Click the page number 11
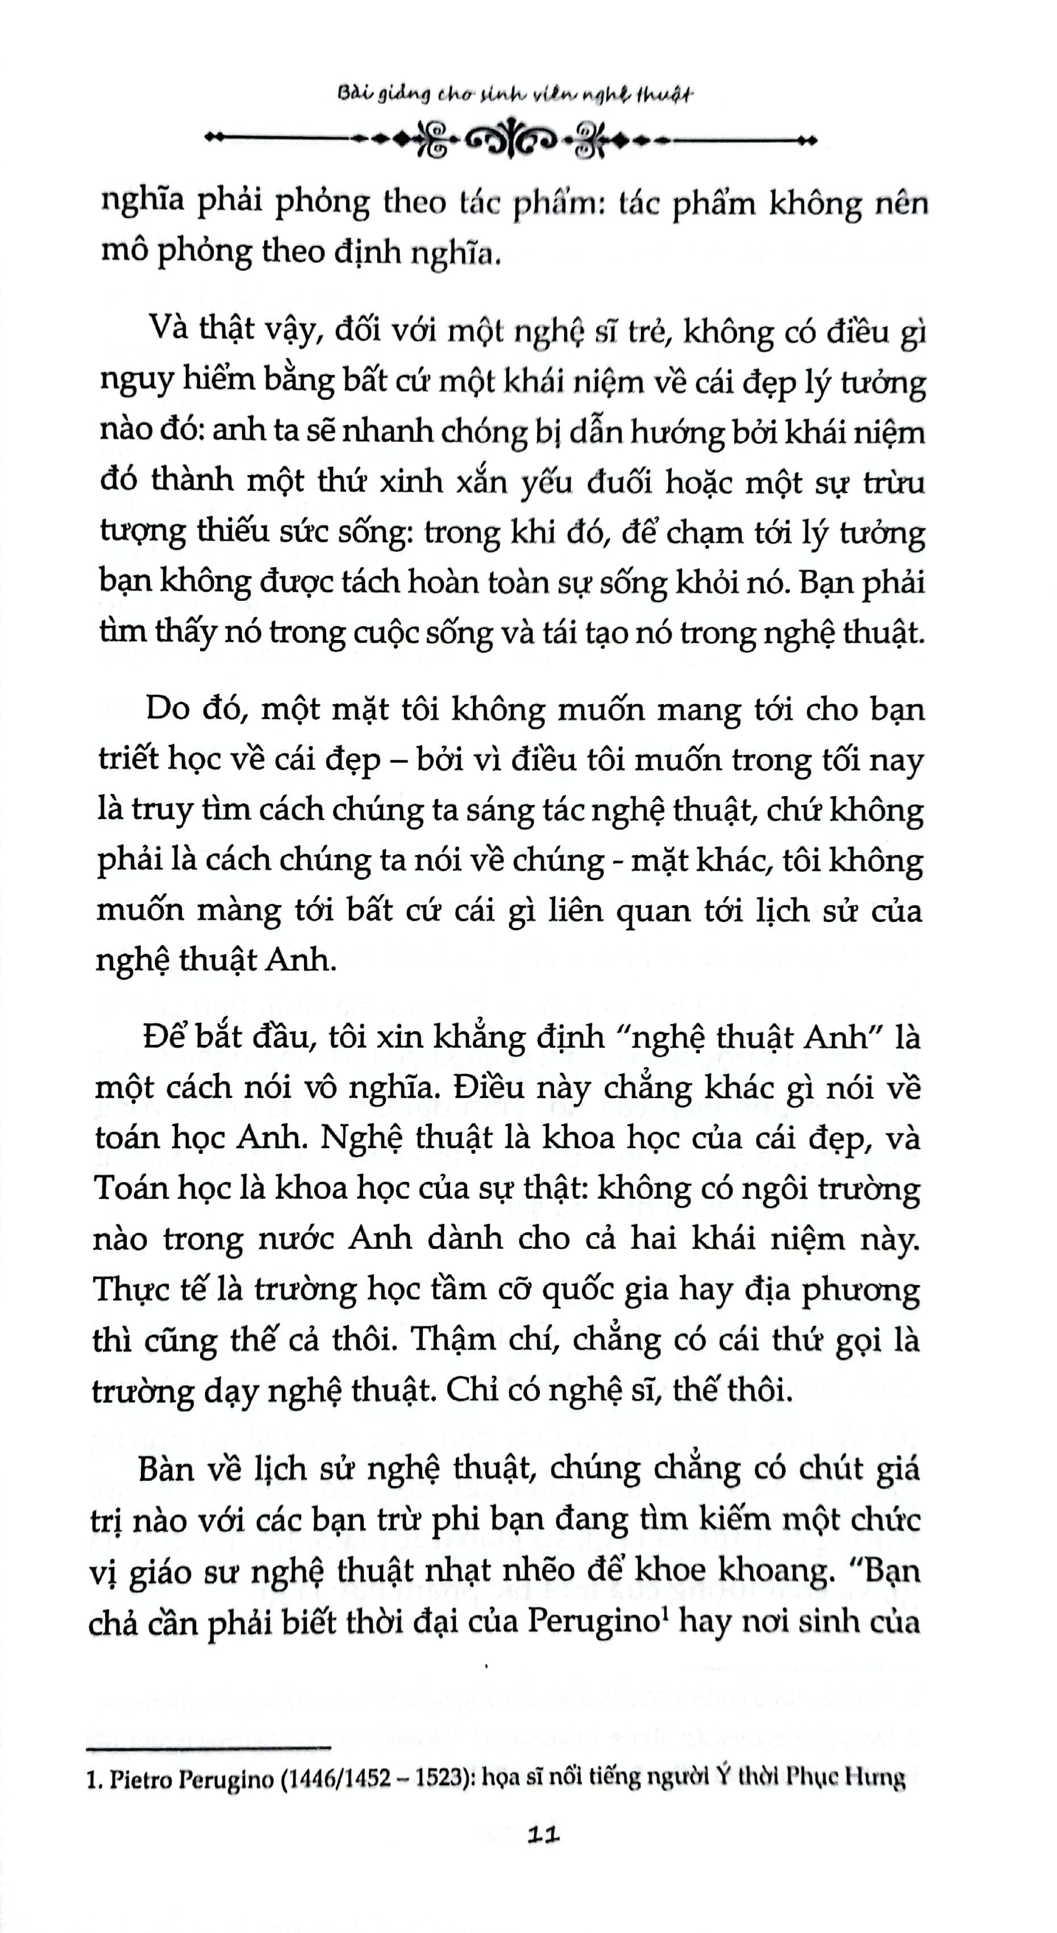point(544,1836)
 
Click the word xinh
point(411,480)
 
